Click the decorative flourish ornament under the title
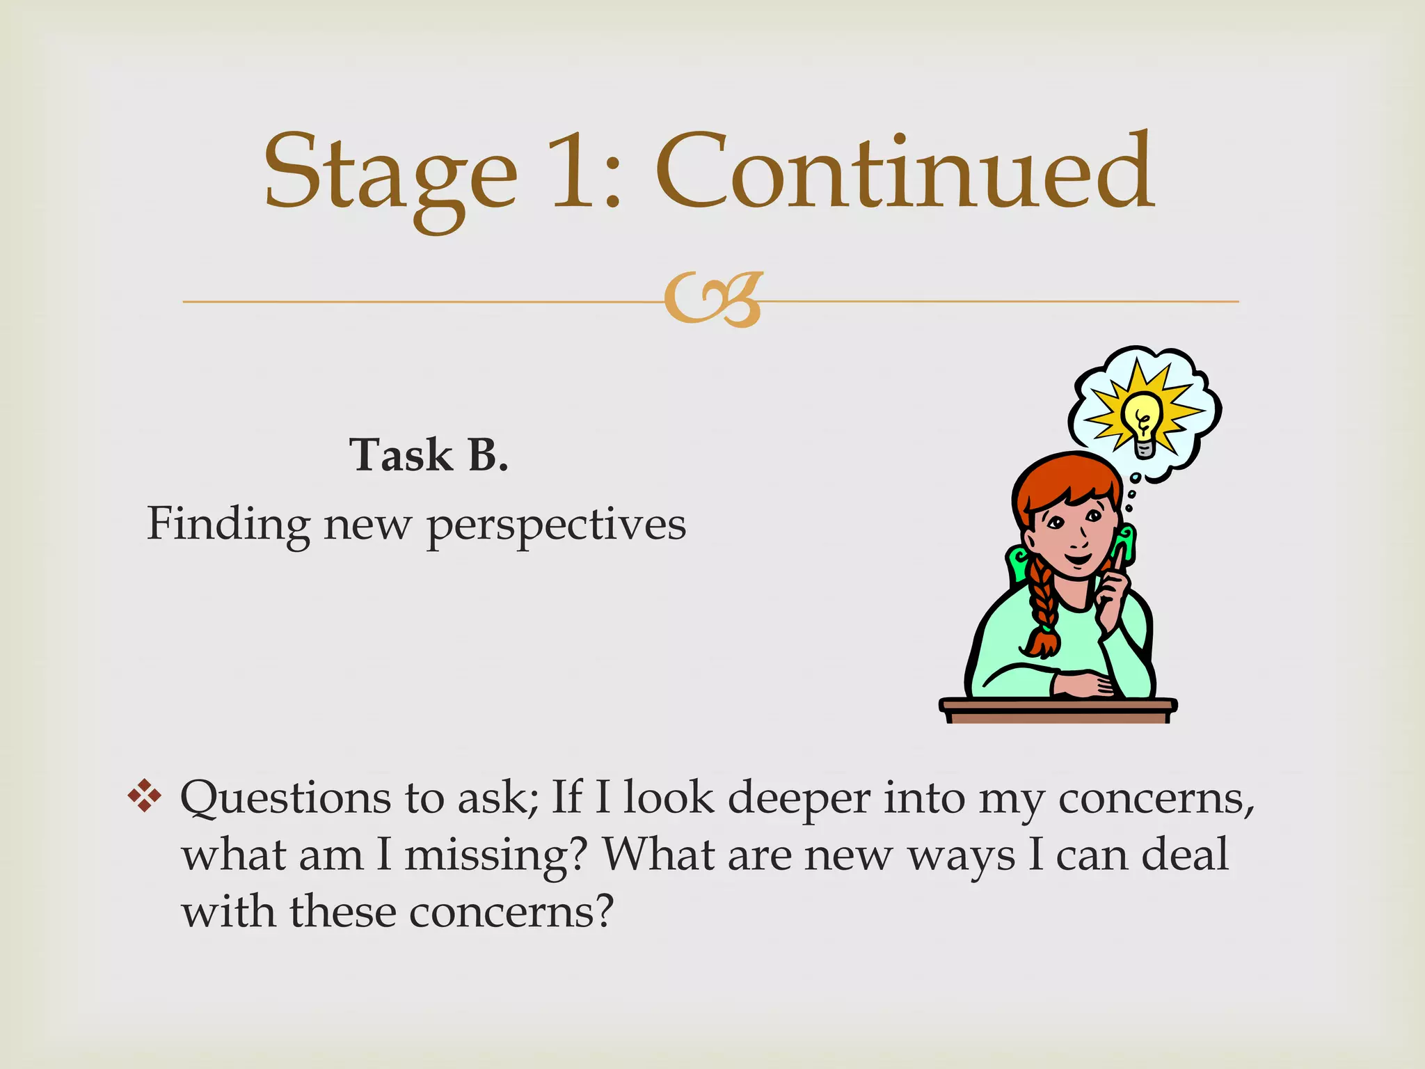(x=714, y=300)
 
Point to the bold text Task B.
(x=429, y=455)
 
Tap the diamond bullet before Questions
(x=144, y=795)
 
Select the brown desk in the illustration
(x=1058, y=711)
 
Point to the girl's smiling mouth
(x=1077, y=559)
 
